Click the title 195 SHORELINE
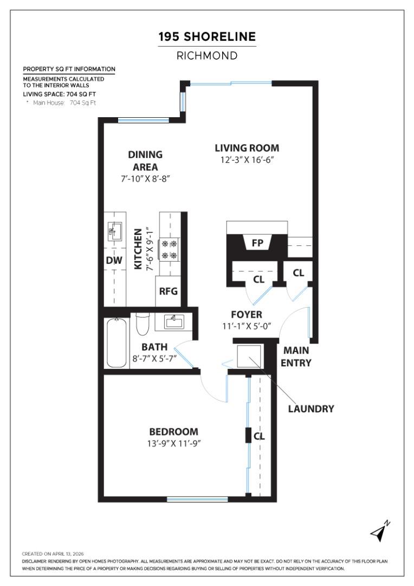click(x=206, y=37)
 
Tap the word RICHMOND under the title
click(x=206, y=55)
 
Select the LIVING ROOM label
click(x=247, y=148)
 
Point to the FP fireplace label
click(x=257, y=243)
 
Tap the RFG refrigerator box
click(x=168, y=291)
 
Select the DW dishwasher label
click(x=114, y=260)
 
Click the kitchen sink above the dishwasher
click(x=114, y=232)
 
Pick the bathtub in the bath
click(x=117, y=342)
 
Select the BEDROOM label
click(x=173, y=432)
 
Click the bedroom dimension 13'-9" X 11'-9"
click(x=173, y=443)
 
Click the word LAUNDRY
click(x=310, y=409)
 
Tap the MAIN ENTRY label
click(x=296, y=358)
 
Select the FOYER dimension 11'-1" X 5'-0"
click(x=247, y=326)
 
